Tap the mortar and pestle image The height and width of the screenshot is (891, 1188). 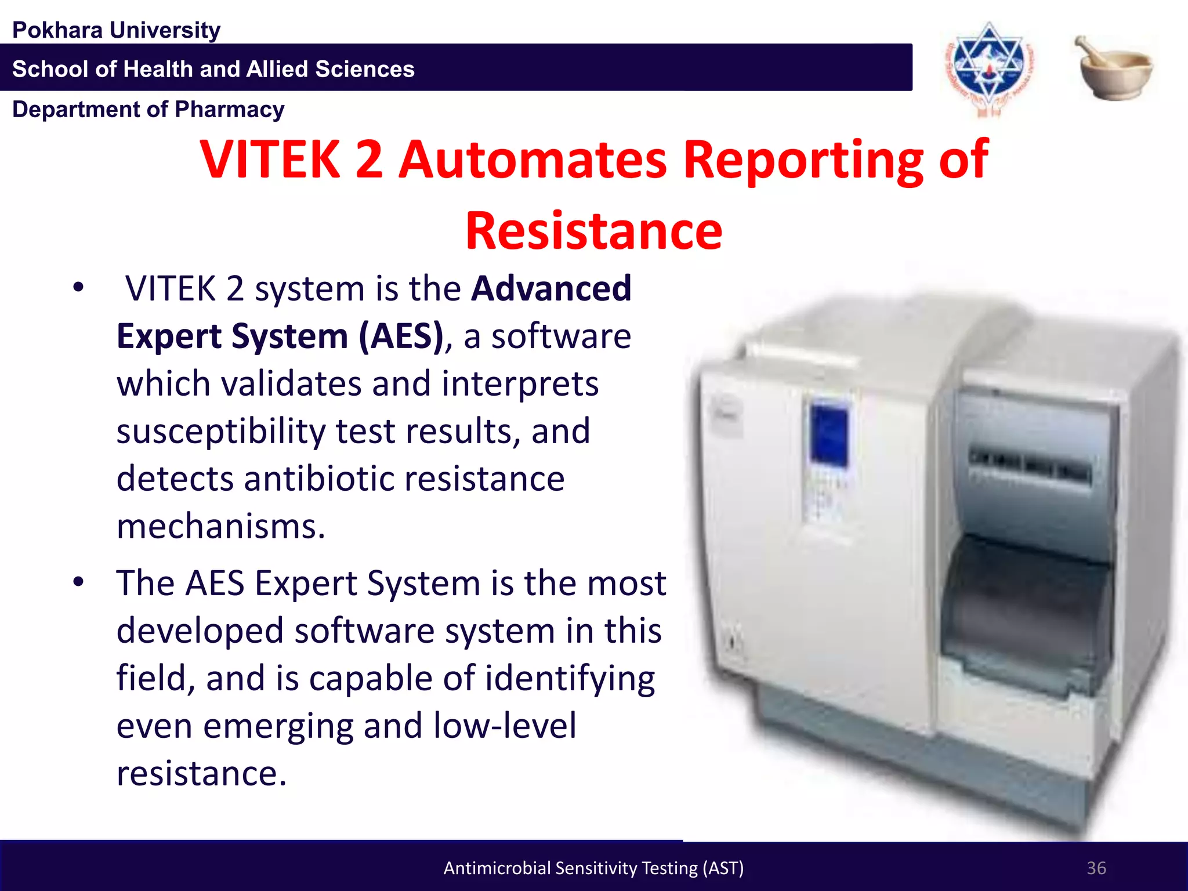pyautogui.click(x=1115, y=68)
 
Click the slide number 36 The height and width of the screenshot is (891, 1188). pyautogui.click(x=1096, y=868)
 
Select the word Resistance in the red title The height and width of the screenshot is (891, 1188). pyautogui.click(x=594, y=231)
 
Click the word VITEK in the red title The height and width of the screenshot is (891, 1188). pyautogui.click(x=270, y=160)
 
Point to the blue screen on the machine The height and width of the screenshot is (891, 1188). pyautogui.click(x=829, y=432)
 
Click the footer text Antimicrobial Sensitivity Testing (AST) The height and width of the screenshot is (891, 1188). pyautogui.click(x=593, y=868)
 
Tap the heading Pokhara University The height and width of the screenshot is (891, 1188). pyautogui.click(x=117, y=30)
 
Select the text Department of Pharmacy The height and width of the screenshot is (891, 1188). pyautogui.click(x=148, y=110)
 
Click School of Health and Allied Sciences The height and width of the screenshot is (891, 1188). pyautogui.click(x=213, y=69)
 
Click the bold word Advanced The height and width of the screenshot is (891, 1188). pyautogui.click(x=551, y=288)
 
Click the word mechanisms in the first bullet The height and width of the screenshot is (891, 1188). pyautogui.click(x=220, y=527)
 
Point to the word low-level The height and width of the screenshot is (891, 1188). pyautogui.click(x=505, y=726)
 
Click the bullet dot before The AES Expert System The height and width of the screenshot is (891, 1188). pyautogui.click(x=79, y=582)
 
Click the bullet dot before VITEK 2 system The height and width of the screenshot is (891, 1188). pyautogui.click(x=79, y=287)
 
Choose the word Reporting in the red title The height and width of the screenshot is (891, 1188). pyautogui.click(x=803, y=160)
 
